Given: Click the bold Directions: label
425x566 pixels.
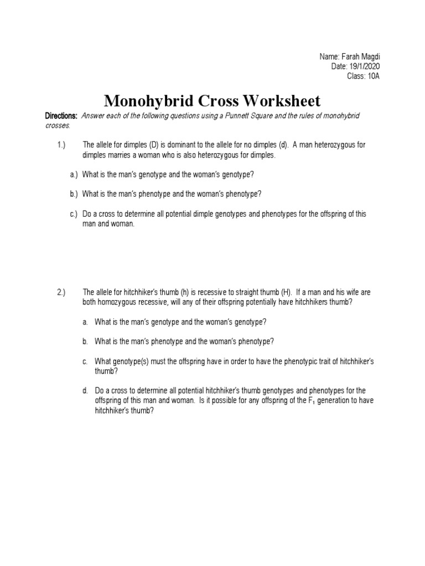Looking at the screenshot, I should (x=61, y=116).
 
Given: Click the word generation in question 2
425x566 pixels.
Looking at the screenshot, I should (x=343, y=401).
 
